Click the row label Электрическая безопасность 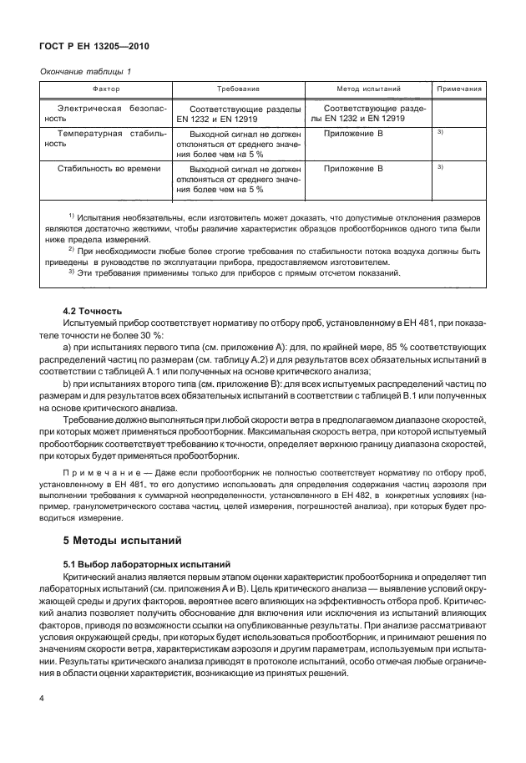(106, 114)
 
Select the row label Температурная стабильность (106, 138)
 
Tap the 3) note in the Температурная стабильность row (439, 133)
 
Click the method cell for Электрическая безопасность (368, 114)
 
